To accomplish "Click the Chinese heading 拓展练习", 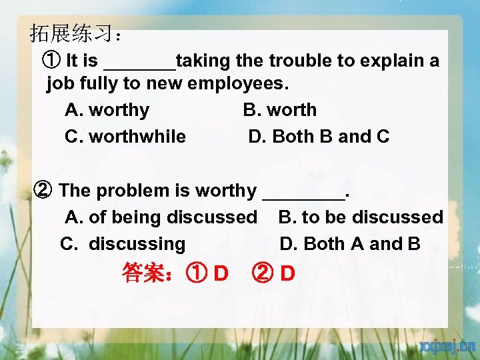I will click(x=70, y=33).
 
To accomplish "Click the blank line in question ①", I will click(x=140, y=65).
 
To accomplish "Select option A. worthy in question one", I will click(x=107, y=110).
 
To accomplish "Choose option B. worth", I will click(x=279, y=110).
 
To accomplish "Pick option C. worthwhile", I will click(x=125, y=137).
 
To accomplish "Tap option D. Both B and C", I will click(x=319, y=137).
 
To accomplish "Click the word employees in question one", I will click(x=238, y=85).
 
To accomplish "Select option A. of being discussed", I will click(x=161, y=217).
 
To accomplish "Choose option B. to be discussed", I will click(x=360, y=217).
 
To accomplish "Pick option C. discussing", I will click(x=123, y=244).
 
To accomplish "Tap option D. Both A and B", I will click(x=350, y=244).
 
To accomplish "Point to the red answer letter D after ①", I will click(x=221, y=273).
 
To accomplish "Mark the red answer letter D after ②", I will click(x=288, y=273).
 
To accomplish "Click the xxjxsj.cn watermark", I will click(x=447, y=346).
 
